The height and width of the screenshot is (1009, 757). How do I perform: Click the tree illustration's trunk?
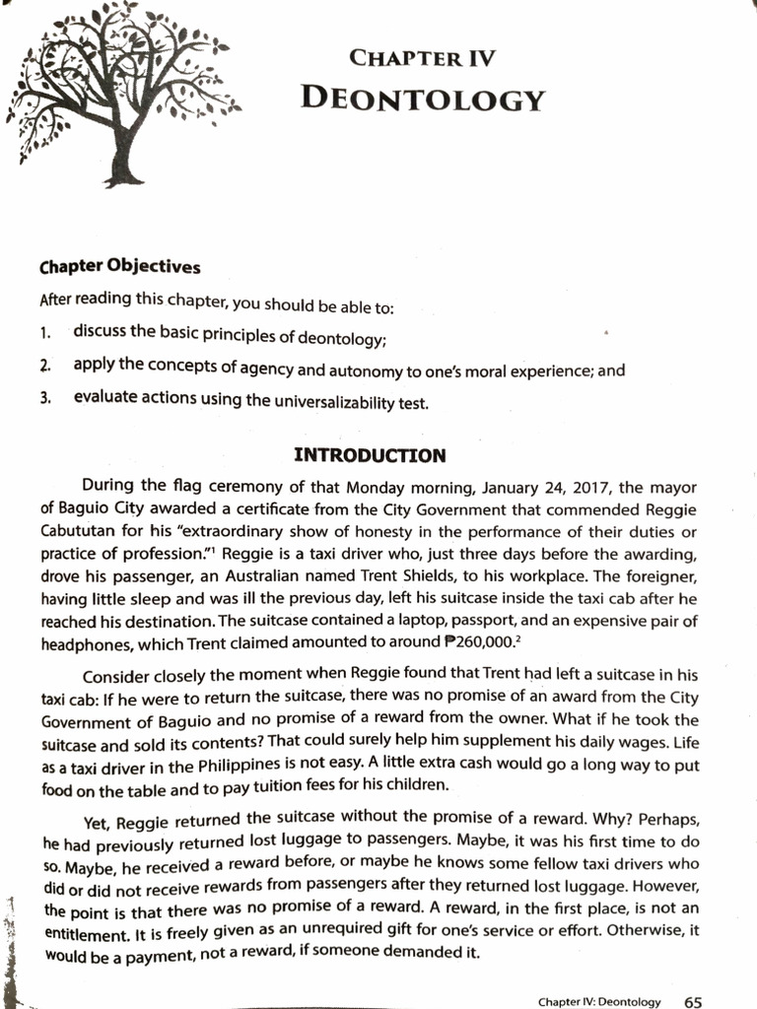(123, 157)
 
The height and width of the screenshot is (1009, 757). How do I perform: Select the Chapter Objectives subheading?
(119, 267)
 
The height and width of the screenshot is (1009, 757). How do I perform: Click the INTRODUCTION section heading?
(371, 455)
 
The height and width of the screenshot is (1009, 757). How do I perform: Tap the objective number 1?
(45, 333)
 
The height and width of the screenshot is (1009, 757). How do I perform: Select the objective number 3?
(45, 400)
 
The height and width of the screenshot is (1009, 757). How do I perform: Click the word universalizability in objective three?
(327, 401)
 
